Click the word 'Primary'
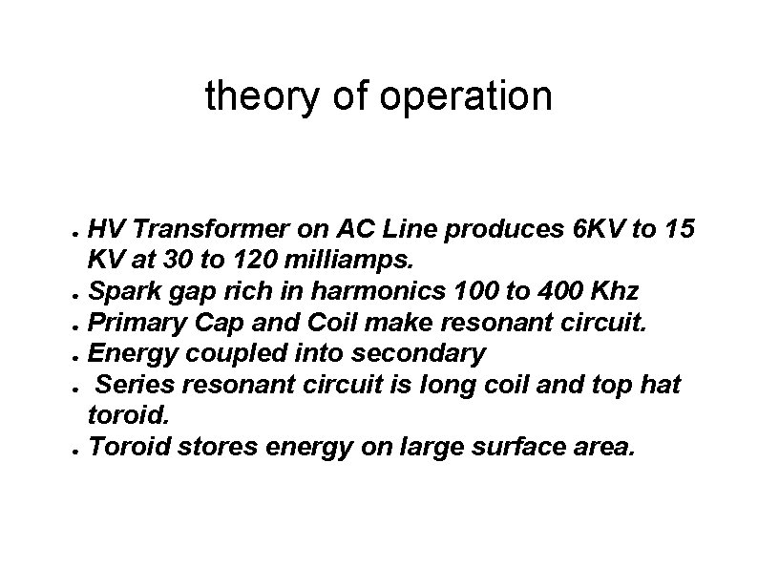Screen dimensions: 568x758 point(129,322)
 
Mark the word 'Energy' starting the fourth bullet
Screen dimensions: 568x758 point(124,352)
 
